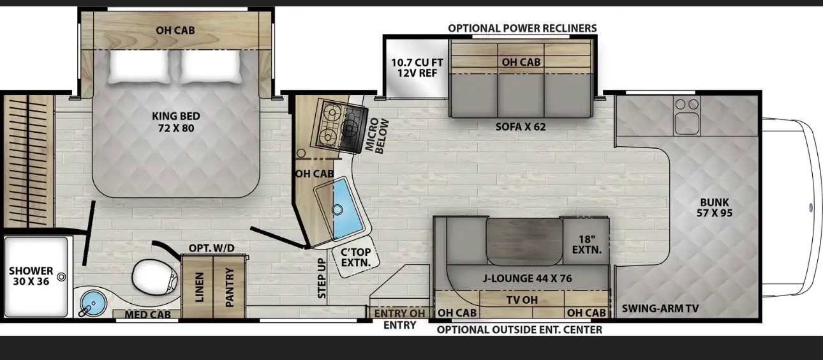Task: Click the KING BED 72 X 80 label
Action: tap(176, 122)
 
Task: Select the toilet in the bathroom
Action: tap(155, 276)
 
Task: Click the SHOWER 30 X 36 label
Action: tap(31, 276)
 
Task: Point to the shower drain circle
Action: tap(62, 277)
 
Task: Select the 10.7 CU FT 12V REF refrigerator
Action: tap(417, 68)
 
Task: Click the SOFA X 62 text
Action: tap(520, 127)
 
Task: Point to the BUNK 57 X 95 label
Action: tap(715, 207)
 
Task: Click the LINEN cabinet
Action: tap(198, 287)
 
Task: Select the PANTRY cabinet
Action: tap(229, 287)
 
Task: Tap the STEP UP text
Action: tap(322, 278)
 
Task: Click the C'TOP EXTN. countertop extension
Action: tap(355, 257)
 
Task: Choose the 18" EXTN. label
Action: tap(586, 244)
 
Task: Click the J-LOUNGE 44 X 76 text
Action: tap(527, 278)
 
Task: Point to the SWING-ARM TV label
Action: tap(660, 308)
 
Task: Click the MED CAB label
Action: tap(147, 315)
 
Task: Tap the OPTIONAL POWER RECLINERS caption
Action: tap(522, 28)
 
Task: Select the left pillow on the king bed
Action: tap(140, 66)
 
